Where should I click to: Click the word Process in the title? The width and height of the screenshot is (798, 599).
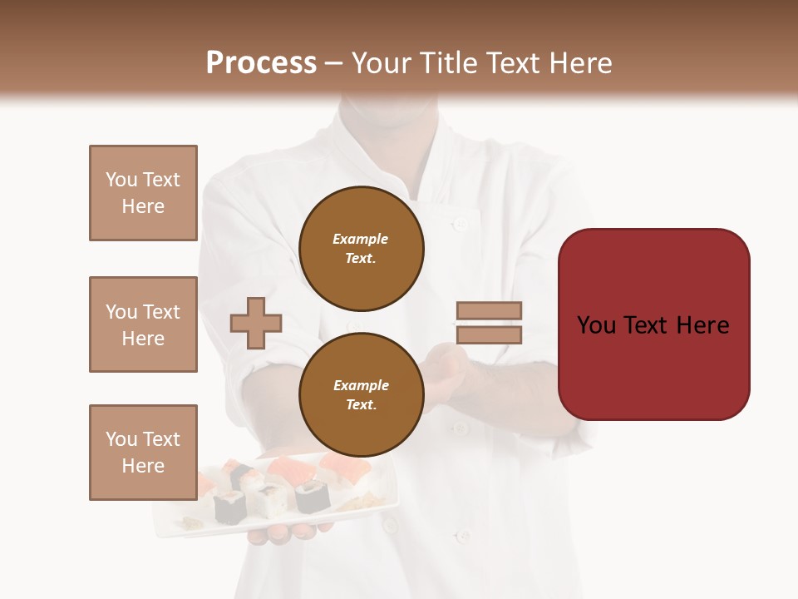point(261,63)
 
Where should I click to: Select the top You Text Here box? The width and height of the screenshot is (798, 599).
point(143,193)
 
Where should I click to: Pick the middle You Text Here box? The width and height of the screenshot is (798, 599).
point(143,324)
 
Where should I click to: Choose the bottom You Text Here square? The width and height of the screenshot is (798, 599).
point(143,453)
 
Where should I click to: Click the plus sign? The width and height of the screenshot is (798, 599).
point(256,324)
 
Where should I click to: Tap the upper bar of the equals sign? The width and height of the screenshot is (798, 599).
point(489,310)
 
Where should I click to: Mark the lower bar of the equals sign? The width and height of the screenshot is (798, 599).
point(489,335)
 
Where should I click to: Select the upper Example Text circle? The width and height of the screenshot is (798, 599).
point(361,248)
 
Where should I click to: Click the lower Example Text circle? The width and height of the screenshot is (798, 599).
point(361,394)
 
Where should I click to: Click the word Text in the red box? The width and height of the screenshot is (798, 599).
point(653,325)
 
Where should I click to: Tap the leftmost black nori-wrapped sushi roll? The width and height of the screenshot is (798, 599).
point(229,506)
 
